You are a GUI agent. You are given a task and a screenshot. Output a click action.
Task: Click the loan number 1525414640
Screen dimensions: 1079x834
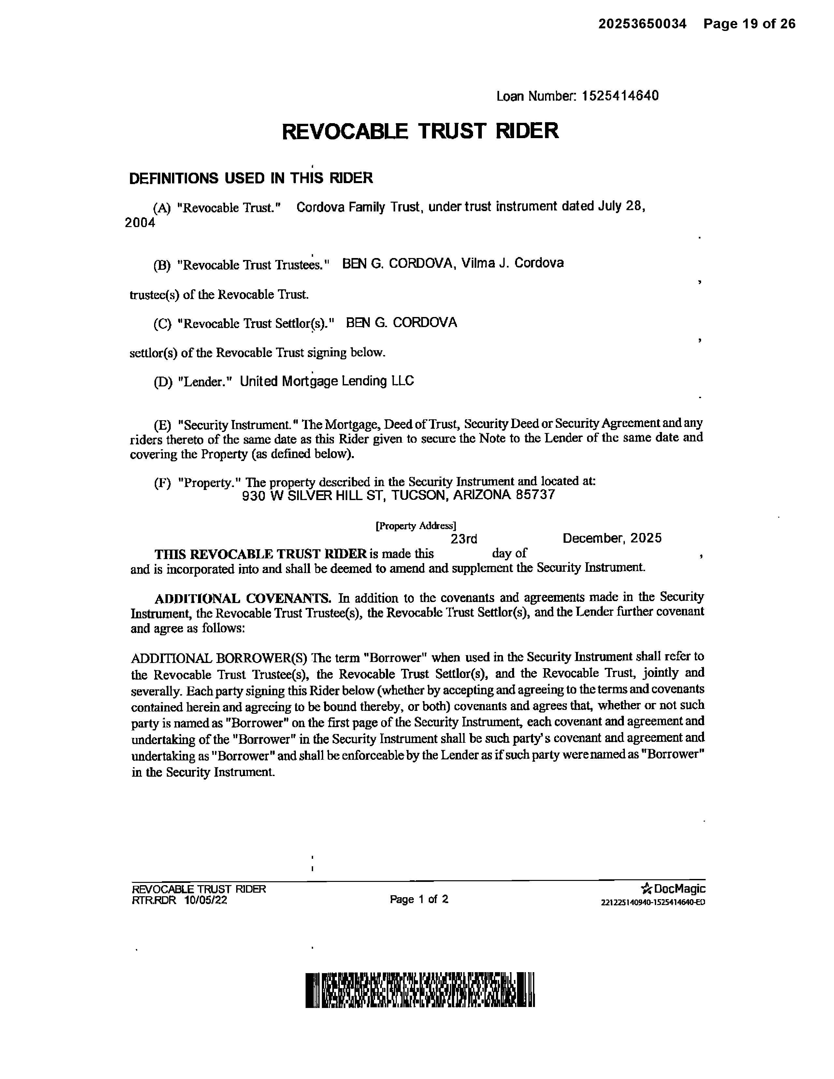click(x=620, y=95)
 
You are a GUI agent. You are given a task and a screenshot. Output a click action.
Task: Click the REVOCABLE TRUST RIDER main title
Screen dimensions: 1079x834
click(x=420, y=131)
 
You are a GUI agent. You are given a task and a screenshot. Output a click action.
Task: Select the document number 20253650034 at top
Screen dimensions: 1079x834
click(x=642, y=24)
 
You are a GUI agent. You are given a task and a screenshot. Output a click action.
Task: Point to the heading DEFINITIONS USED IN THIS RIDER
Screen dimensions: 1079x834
click(x=251, y=178)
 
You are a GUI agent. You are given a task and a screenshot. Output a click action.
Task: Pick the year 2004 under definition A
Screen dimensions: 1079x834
click(x=140, y=223)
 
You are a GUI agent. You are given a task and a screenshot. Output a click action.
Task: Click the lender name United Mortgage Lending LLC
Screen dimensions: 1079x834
click(x=326, y=381)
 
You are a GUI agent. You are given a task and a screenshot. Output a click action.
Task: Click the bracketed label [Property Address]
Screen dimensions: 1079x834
click(x=416, y=526)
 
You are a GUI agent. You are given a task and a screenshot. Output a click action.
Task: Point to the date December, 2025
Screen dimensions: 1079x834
click(x=612, y=538)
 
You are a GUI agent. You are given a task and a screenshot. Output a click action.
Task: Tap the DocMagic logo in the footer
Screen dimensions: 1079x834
click(x=673, y=889)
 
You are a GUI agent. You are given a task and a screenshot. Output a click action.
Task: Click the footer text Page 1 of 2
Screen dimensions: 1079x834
click(x=419, y=899)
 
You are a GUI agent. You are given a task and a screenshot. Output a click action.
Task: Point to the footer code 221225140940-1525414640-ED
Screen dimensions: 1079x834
click(x=653, y=902)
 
